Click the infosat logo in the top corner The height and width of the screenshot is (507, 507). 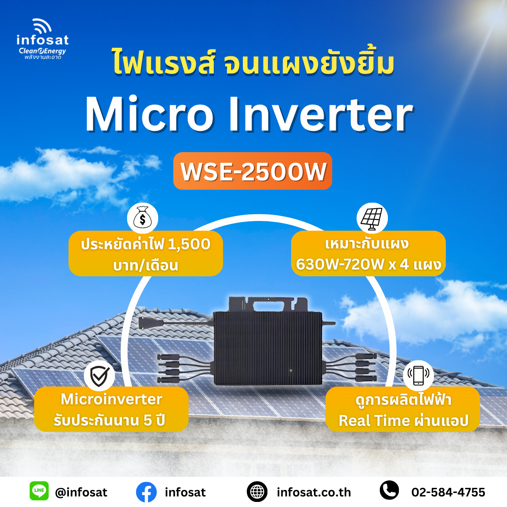[42, 39]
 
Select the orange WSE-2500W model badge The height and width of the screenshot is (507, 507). [253, 171]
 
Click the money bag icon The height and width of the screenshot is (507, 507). [143, 218]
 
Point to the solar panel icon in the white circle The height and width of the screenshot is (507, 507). [372, 218]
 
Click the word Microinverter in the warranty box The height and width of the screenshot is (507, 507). [111, 399]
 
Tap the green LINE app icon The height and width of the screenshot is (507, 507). [39, 491]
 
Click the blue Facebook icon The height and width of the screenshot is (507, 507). [146, 492]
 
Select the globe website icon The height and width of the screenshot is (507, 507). [257, 491]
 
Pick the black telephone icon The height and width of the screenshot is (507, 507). [389, 490]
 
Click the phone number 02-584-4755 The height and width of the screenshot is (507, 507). [448, 492]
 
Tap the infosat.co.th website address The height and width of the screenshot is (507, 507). [314, 492]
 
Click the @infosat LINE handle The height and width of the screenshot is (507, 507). [81, 492]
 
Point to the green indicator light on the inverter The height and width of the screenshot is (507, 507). [290, 370]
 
